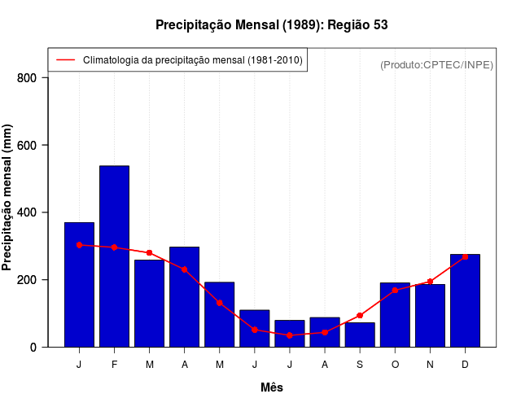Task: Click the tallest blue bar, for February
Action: point(114,256)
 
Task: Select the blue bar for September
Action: point(360,335)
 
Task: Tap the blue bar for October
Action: point(395,315)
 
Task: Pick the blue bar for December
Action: point(465,300)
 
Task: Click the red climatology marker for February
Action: point(114,247)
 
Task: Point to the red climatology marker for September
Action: point(360,316)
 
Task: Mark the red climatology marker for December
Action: point(465,257)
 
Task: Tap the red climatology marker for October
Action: point(395,291)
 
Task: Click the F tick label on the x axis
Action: point(114,365)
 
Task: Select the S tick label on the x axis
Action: point(360,365)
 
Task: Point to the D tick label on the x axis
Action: point(465,365)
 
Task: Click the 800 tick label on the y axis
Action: point(27,78)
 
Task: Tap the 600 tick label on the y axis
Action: point(27,146)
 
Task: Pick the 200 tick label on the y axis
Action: point(27,280)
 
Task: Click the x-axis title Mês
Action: point(272,387)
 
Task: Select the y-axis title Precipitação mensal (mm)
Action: point(8,198)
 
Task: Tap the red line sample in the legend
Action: point(65,60)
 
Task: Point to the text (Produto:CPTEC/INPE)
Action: point(437,64)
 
